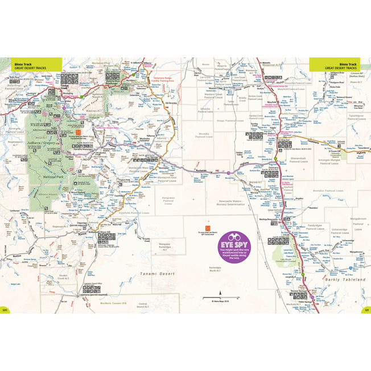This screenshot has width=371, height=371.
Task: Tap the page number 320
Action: pos(5,310)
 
